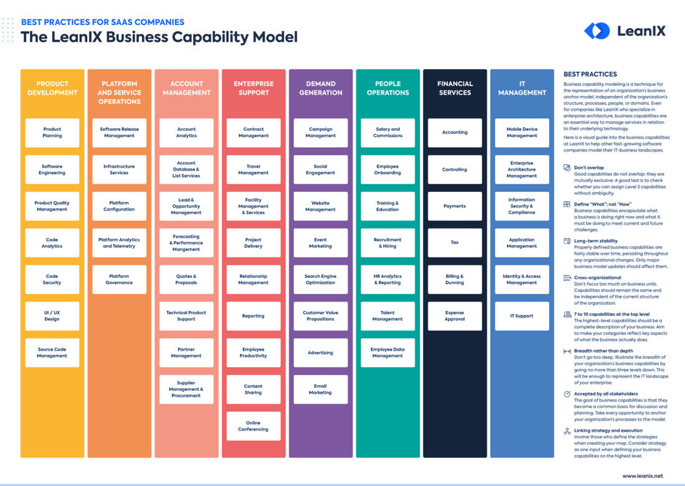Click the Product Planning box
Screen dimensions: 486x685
pos(52,133)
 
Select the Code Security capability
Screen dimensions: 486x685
pos(52,280)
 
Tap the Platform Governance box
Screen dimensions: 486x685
pos(119,280)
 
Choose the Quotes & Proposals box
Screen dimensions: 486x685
pos(186,280)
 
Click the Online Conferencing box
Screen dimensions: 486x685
pos(253,426)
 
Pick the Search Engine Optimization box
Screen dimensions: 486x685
pos(321,280)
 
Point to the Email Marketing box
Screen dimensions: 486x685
pos(321,389)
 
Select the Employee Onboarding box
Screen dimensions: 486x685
pos(387,169)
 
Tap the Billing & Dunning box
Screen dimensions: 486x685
pos(455,280)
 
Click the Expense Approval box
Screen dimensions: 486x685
pos(455,316)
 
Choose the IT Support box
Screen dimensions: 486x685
pos(522,316)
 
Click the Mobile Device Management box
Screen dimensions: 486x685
pos(522,133)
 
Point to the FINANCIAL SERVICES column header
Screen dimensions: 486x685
pos(455,88)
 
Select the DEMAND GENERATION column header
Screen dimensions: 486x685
pos(321,88)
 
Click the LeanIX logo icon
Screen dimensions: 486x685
pos(597,31)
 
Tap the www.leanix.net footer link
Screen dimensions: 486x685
pos(642,476)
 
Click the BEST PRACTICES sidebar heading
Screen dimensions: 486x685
pos(590,74)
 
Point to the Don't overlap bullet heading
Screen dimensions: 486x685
pos(588,168)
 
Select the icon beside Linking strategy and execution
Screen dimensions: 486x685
pos(567,431)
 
